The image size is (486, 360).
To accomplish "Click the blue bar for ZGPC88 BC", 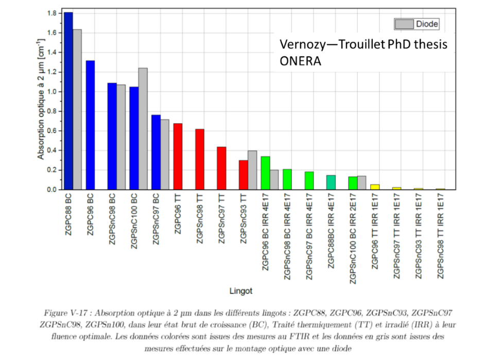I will pyautogui.click(x=68, y=101).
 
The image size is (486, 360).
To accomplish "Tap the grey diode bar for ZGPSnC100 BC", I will pyautogui.click(x=143, y=129).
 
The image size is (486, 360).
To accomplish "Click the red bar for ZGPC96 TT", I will pyautogui.click(x=178, y=157).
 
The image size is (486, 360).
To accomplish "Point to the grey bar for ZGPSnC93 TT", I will pyautogui.click(x=252, y=170).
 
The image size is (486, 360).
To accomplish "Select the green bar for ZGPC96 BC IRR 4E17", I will pyautogui.click(x=266, y=173).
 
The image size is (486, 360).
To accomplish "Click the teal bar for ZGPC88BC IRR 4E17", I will pyautogui.click(x=331, y=182).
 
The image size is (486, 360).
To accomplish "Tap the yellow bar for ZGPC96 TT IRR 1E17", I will pyautogui.click(x=375, y=187).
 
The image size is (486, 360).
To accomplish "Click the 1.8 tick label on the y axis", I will pyautogui.click(x=52, y=13).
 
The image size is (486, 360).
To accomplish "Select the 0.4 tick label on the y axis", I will pyautogui.click(x=52, y=150).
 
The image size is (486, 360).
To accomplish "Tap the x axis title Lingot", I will pyautogui.click(x=241, y=291).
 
